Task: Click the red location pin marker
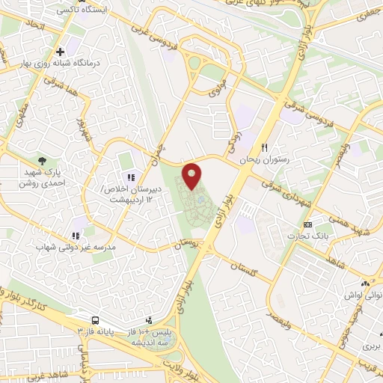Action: pyautogui.click(x=193, y=174)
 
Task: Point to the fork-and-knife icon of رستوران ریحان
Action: pyautogui.click(x=263, y=147)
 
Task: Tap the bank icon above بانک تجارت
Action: pyautogui.click(x=307, y=224)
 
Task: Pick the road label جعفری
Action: pyautogui.click(x=367, y=13)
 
